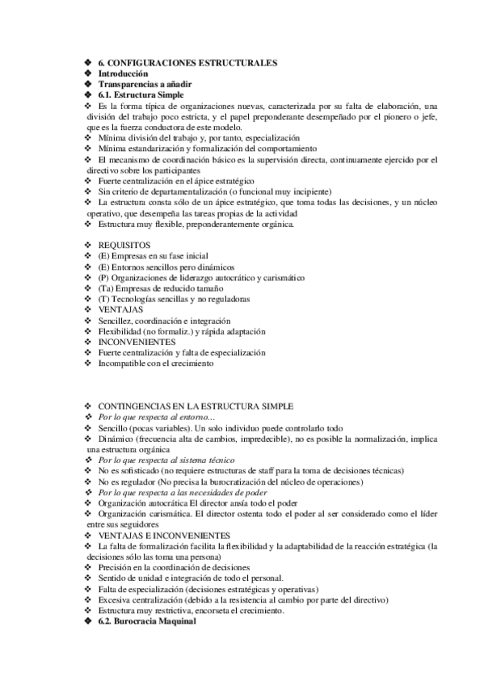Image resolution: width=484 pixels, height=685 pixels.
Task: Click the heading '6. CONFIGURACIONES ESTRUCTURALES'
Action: tap(187, 62)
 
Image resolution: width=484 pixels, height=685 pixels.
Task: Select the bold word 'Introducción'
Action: tap(123, 74)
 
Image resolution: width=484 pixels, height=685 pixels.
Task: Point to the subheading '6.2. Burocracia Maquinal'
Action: tap(146, 621)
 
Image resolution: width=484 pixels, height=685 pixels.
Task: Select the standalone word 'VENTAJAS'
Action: tap(120, 309)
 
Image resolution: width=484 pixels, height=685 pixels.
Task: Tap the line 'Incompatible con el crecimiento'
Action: tap(155, 364)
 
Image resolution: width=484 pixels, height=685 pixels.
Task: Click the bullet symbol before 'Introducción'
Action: tap(89, 74)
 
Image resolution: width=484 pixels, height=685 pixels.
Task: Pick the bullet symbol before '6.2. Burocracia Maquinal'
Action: tap(89, 621)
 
